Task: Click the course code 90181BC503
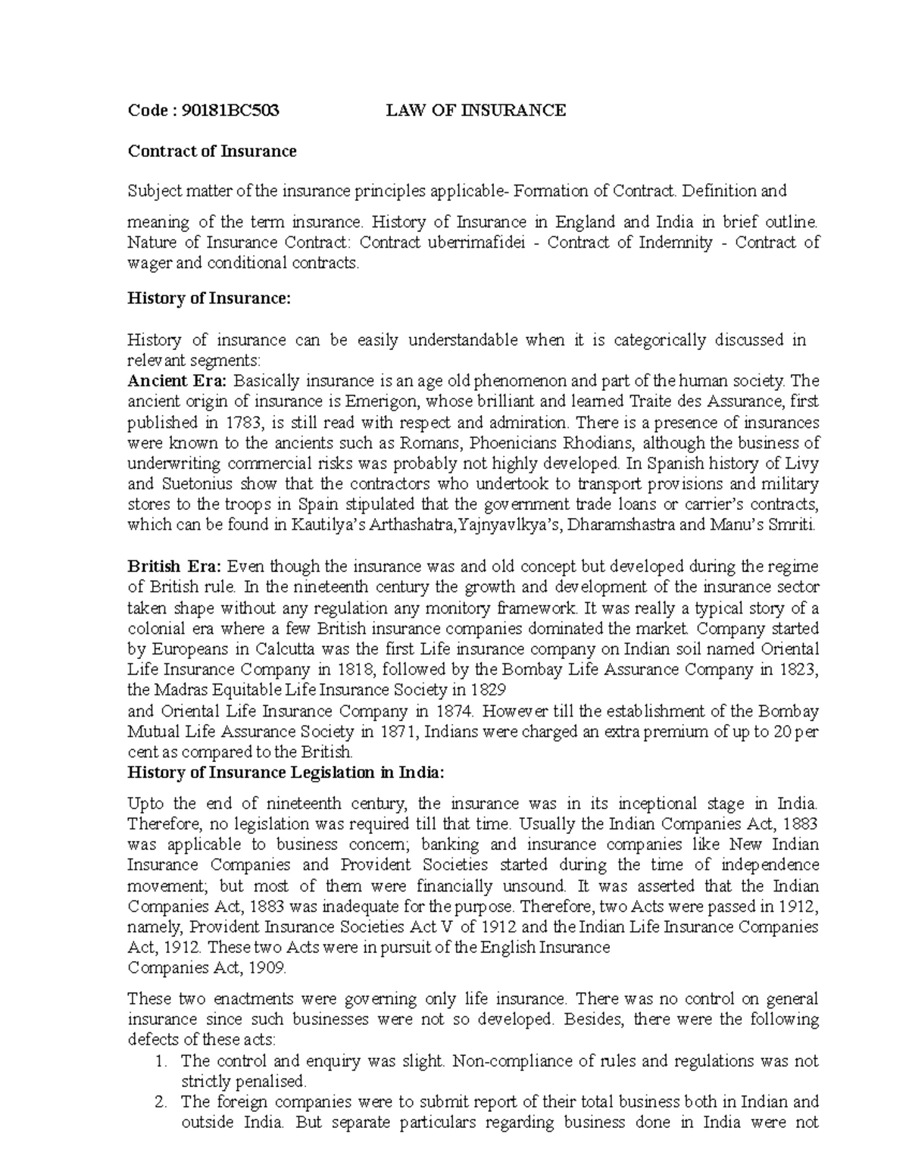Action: pos(226,111)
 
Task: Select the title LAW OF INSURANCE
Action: pos(476,111)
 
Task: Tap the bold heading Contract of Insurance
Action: pos(212,151)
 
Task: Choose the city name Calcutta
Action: pos(286,649)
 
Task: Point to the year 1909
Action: pos(267,968)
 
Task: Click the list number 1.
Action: pos(159,1061)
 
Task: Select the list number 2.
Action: pos(159,1102)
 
